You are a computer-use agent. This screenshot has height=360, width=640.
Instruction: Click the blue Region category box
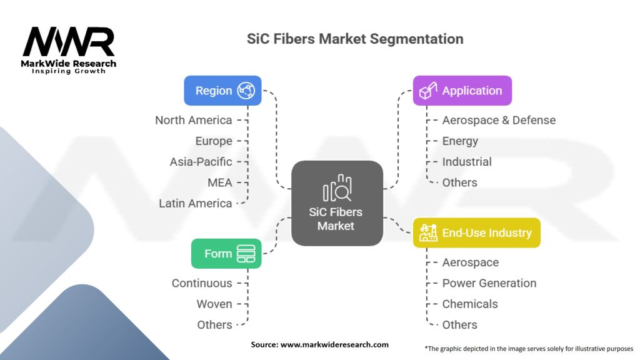click(222, 91)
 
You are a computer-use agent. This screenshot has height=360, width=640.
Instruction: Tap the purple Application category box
click(462, 91)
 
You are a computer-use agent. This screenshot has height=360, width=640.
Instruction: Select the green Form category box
click(226, 254)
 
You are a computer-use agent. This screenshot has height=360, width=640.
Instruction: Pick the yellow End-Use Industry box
click(476, 233)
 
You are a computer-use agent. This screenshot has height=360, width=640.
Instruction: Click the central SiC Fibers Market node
click(337, 202)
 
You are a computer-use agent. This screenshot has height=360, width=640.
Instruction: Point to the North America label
click(194, 120)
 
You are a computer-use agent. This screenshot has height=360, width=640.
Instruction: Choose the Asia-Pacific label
click(201, 161)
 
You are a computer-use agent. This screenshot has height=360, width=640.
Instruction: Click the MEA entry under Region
click(220, 182)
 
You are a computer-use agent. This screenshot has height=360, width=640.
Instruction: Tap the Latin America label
click(196, 203)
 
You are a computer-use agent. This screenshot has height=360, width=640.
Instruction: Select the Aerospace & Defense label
click(499, 120)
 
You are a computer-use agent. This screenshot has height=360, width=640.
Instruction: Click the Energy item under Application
click(460, 141)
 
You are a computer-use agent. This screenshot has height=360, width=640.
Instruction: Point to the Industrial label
click(467, 162)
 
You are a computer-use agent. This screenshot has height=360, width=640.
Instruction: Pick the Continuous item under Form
click(202, 283)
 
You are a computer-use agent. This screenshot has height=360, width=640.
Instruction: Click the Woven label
click(214, 304)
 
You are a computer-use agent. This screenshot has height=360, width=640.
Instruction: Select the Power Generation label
click(489, 283)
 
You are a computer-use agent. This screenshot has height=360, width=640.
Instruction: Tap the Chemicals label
click(470, 304)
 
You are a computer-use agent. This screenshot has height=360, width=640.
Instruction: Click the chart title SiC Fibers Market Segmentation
click(355, 39)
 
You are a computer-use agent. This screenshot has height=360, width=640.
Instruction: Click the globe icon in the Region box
click(246, 91)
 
